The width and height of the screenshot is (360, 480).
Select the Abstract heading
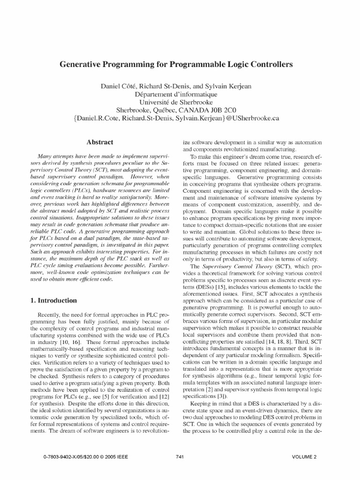tap(100, 141)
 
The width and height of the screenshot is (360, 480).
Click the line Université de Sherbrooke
tap(180, 102)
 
